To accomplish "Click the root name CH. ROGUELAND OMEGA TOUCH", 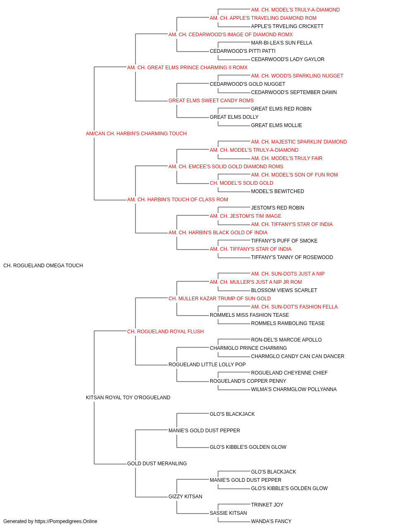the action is [43, 266].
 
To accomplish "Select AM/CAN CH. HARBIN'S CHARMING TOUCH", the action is [136, 134].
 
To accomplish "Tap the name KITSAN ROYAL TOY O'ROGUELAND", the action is [128, 398].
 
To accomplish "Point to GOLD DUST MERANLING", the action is [157, 464].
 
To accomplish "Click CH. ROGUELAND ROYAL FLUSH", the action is [165, 332].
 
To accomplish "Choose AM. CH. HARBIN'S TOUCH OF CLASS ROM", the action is [178, 200].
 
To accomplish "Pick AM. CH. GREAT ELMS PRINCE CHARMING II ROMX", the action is [187, 68].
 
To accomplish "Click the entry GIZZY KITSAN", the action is [185, 497].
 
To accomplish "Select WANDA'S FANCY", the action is [271, 521].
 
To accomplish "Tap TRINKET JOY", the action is [267, 505].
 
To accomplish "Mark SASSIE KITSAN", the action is [228, 513].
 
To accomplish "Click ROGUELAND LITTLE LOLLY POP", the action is [207, 365].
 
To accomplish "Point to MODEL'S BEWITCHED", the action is [278, 191].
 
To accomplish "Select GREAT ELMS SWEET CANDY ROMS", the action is [211, 101].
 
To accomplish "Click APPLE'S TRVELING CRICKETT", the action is [287, 26].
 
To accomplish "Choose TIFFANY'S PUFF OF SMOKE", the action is [284, 241].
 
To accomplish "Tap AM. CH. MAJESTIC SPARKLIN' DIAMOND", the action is [299, 142].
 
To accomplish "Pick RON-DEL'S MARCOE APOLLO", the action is [286, 340].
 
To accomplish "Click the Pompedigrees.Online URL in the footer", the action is [66, 521].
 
